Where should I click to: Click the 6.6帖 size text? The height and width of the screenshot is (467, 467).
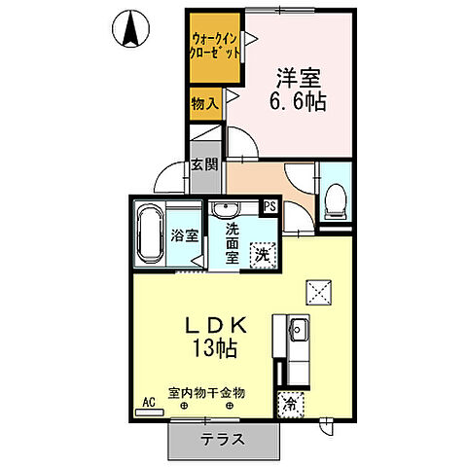pyautogui.click(x=299, y=100)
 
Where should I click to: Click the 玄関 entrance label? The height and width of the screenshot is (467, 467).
pyautogui.click(x=203, y=166)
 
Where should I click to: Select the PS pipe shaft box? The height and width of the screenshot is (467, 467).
pyautogui.click(x=269, y=206)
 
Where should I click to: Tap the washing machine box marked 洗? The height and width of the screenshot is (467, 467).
pyautogui.click(x=262, y=256)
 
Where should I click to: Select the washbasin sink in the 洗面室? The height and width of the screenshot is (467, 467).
pyautogui.click(x=229, y=208)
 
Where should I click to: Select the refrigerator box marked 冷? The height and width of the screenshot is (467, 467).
pyautogui.click(x=291, y=404)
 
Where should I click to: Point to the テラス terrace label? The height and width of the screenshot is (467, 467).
pyautogui.click(x=223, y=439)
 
